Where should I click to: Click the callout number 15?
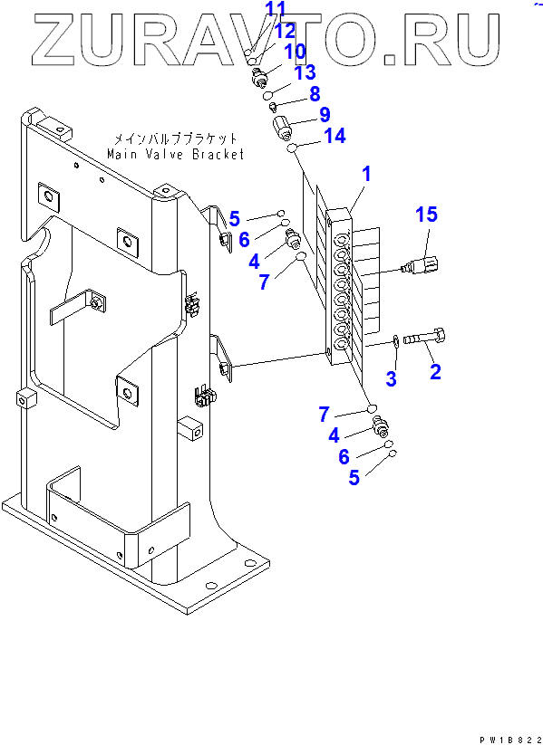(426, 215)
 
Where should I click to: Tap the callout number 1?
(366, 175)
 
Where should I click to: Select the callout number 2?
(435, 371)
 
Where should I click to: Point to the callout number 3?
(391, 378)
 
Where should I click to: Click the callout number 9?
(325, 114)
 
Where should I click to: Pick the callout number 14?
(335, 137)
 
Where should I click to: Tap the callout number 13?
(304, 72)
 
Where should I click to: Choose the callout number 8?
(315, 93)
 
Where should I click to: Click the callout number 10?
(295, 52)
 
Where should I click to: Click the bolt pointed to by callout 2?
(424, 339)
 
